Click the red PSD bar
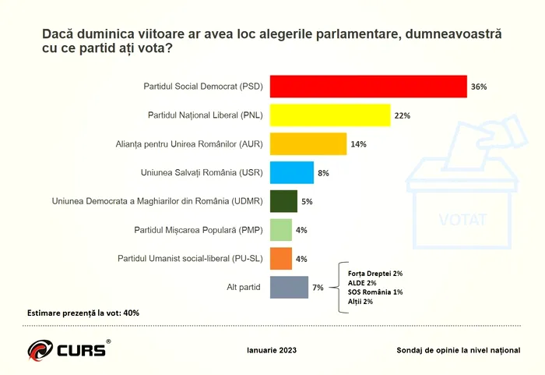pyautogui.click(x=367, y=87)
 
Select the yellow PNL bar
pyautogui.click(x=329, y=115)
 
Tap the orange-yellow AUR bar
pyautogui.click(x=308, y=144)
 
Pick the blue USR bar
pyautogui.click(x=291, y=172)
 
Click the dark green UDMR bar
pyautogui.click(x=283, y=201)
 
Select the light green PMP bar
pyautogui.click(x=280, y=230)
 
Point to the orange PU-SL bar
pyautogui.click(x=280, y=258)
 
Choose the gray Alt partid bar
pyautogui.click(x=288, y=287)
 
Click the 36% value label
pyautogui.click(x=479, y=87)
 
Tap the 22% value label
pyautogui.click(x=402, y=115)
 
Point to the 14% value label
pyautogui.click(x=358, y=144)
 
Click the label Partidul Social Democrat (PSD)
pyautogui.click(x=203, y=87)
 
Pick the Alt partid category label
pyautogui.click(x=243, y=287)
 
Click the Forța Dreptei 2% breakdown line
pyautogui.click(x=375, y=274)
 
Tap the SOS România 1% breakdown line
pyautogui.click(x=375, y=292)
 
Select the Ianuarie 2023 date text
pyautogui.click(x=271, y=350)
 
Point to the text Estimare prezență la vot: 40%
pyautogui.click(x=83, y=313)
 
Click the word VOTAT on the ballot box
pyautogui.click(x=462, y=218)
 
